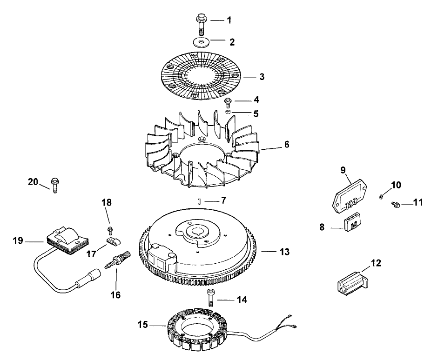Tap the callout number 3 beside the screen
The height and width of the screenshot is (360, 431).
[262, 77]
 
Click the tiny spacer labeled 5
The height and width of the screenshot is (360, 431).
[228, 113]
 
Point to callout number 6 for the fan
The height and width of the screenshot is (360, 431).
[286, 145]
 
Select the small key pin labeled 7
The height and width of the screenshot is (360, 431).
[198, 201]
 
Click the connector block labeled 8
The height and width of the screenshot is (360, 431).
[352, 224]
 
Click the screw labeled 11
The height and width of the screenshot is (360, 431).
[395, 204]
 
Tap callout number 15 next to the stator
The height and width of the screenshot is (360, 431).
[143, 325]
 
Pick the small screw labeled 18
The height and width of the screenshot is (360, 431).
[110, 229]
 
